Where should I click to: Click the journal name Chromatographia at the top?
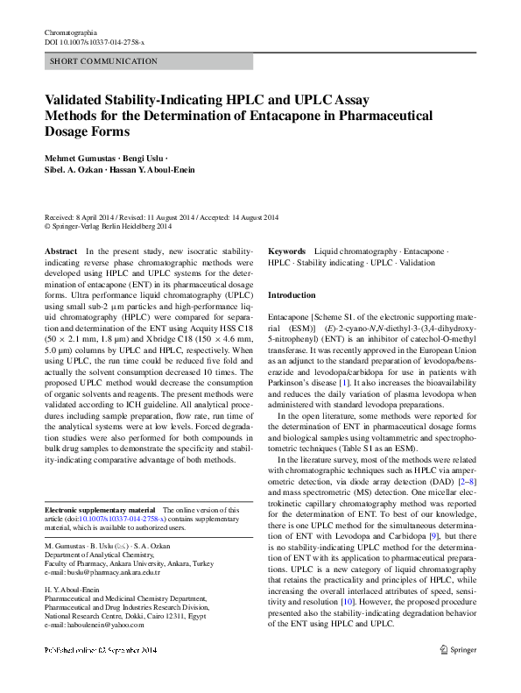(x=73, y=32)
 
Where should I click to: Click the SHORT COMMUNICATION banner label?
(x=104, y=61)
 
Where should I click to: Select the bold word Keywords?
(x=286, y=251)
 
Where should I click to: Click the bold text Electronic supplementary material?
(x=99, y=509)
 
